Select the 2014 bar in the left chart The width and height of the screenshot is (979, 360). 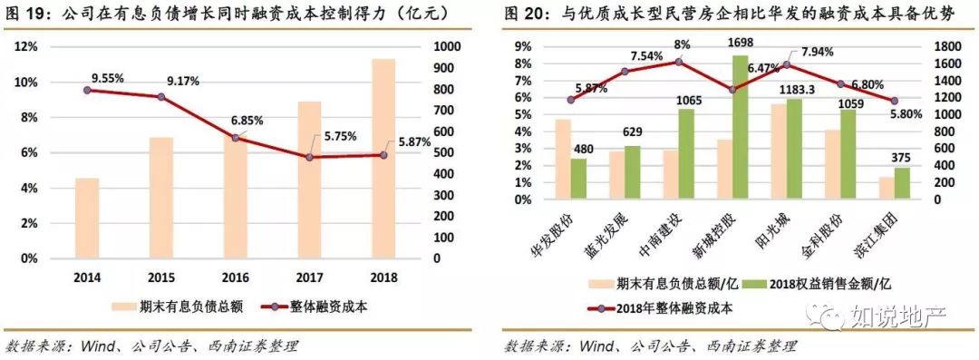coord(87,218)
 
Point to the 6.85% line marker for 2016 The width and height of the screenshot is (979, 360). coord(236,138)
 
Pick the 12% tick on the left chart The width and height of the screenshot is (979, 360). coord(27,46)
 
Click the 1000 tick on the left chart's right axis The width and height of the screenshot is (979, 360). coord(448,46)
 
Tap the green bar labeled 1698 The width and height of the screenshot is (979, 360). coord(740,129)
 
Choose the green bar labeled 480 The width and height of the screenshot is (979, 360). coord(578,180)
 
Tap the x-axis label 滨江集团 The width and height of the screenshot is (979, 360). coord(885,238)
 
